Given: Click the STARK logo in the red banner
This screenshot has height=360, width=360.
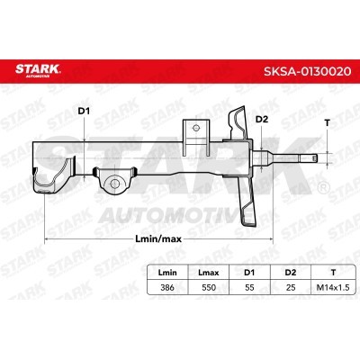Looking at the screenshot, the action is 38,70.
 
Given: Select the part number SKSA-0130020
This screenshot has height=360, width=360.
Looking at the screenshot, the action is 307,71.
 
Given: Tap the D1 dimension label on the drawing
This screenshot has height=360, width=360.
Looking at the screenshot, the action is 84,112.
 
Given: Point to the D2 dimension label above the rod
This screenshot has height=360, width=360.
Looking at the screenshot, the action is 261,120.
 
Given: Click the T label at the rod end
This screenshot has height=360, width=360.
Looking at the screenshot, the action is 328,122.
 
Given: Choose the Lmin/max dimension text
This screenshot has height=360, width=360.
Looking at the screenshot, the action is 158,238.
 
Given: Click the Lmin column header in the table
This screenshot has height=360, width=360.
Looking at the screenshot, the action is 167,273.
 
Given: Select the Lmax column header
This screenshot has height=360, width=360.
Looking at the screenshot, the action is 209,273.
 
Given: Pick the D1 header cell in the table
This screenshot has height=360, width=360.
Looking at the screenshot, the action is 249,273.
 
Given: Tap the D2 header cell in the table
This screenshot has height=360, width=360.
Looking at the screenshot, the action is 291,273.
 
